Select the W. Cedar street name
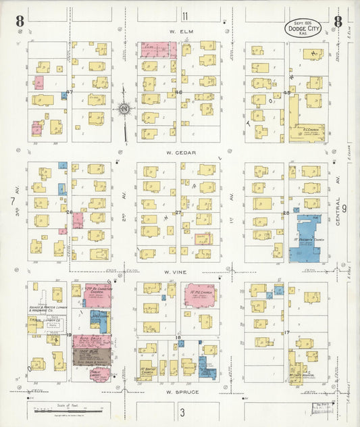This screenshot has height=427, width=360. click(x=182, y=153)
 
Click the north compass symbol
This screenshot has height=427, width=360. click(x=124, y=108)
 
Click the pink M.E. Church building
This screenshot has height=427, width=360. click(x=201, y=295)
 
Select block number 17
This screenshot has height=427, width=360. click(x=286, y=332)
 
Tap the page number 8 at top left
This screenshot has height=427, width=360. click(x=20, y=20)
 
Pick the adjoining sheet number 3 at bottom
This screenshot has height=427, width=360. click(x=182, y=411)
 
